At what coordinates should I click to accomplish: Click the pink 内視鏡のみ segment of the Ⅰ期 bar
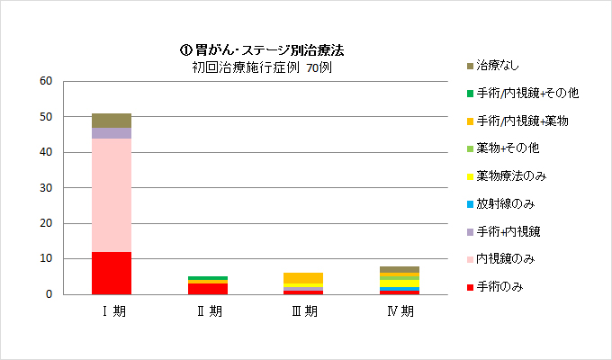point(112,194)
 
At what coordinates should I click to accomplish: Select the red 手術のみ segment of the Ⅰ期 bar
point(112,273)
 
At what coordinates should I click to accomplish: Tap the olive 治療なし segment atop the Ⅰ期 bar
point(112,121)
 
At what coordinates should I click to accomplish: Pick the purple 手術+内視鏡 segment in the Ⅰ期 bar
point(112,133)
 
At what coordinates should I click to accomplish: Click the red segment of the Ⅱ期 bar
point(208,289)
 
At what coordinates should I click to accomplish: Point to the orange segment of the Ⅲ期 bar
point(303,277)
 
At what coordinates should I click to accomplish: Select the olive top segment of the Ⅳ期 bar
point(399,269)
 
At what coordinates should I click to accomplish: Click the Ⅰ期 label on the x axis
point(112,312)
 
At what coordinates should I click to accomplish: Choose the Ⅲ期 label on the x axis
point(303,312)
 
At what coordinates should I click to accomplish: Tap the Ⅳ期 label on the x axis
point(399,312)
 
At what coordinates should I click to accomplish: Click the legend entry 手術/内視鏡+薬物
point(522,121)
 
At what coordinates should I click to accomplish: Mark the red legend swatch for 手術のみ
point(469,287)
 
